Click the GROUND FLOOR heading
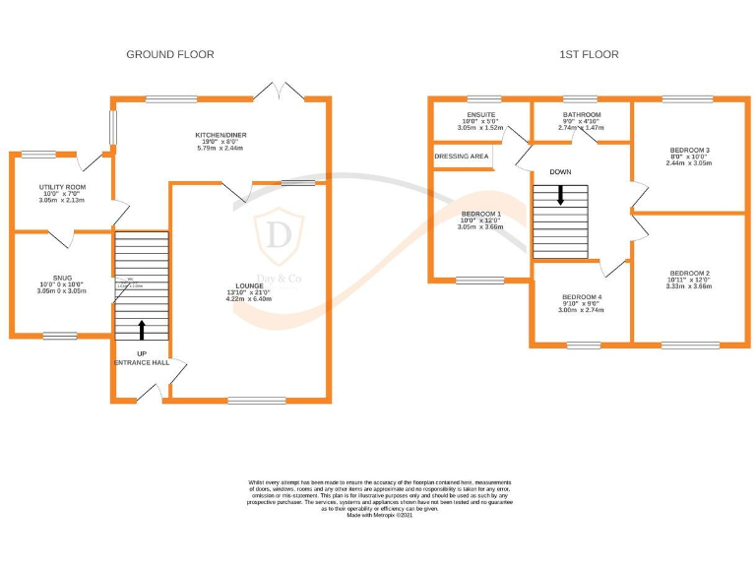click(170, 55)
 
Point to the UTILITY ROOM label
click(62, 186)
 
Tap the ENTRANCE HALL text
click(141, 363)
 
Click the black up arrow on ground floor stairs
click(141, 330)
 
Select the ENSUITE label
click(481, 115)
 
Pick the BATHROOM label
click(580, 115)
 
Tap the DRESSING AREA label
click(462, 157)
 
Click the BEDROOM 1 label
click(480, 214)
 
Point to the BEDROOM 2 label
click(689, 273)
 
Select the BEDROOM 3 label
click(689, 151)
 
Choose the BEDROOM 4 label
click(581, 297)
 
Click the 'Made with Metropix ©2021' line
click(378, 515)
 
